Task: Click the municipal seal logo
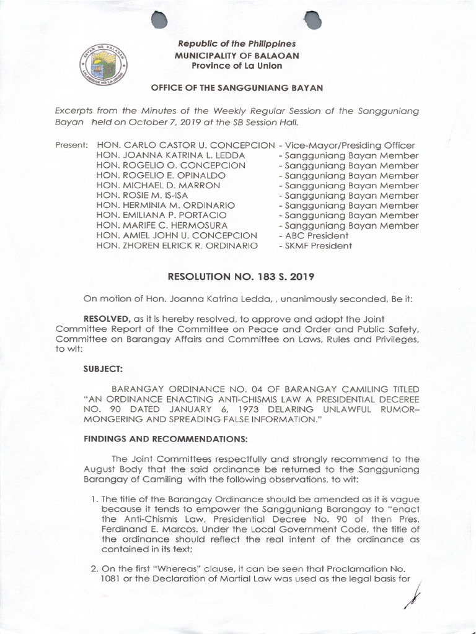pyautogui.click(x=102, y=59)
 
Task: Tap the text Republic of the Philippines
pyautogui.click(x=237, y=44)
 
